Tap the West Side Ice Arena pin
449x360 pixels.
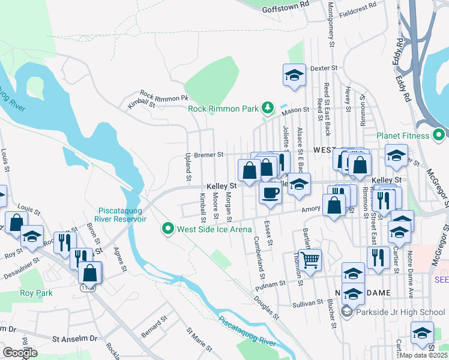[x=168, y=229]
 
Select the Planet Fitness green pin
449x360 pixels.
[x=439, y=136]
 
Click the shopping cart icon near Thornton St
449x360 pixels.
[x=310, y=260]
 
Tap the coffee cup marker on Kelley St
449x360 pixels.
[x=270, y=193]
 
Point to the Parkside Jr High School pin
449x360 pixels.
[x=347, y=311]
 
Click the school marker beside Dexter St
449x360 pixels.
[x=294, y=76]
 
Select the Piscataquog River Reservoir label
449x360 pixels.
[x=122, y=214]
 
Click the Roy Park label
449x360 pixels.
[x=36, y=293]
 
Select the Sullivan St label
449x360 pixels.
[x=308, y=304]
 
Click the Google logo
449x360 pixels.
[x=20, y=352]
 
